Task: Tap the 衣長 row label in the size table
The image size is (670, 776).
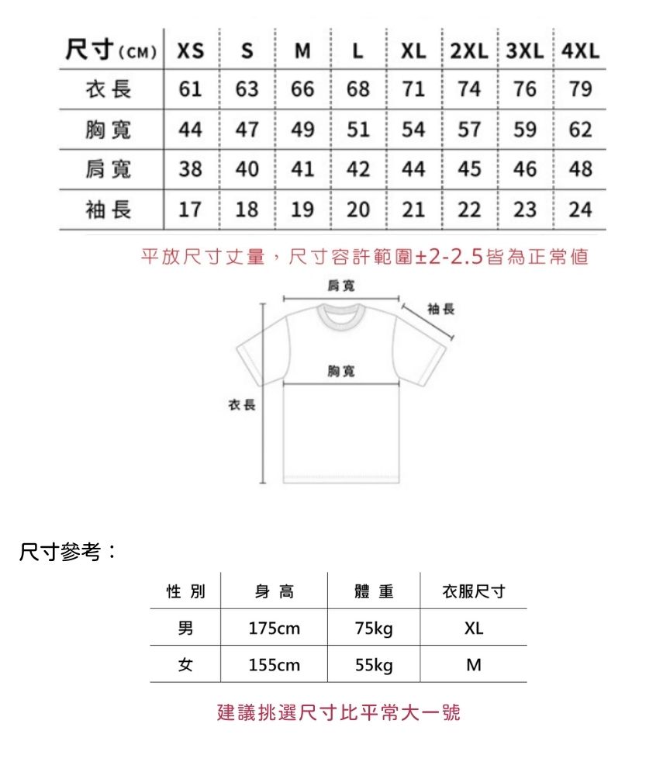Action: pyautogui.click(x=109, y=89)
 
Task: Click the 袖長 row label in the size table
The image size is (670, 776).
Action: pyautogui.click(x=109, y=210)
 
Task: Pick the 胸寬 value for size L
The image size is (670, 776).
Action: pyautogui.click(x=358, y=130)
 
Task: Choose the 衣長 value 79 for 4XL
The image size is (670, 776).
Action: pyautogui.click(x=580, y=89)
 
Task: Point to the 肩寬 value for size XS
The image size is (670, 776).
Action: pyautogui.click(x=191, y=169)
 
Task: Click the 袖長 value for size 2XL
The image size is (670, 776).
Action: pyautogui.click(x=469, y=210)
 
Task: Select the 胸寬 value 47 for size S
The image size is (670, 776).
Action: pyautogui.click(x=247, y=130)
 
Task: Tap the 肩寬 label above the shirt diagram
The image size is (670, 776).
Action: pyautogui.click(x=341, y=287)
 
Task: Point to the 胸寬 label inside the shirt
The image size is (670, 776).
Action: pyautogui.click(x=341, y=372)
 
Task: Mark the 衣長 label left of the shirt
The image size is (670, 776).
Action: pyautogui.click(x=241, y=405)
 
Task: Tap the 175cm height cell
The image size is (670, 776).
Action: pyautogui.click(x=274, y=628)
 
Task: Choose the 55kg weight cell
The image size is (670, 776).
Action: pyautogui.click(x=374, y=665)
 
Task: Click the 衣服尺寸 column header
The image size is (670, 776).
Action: pyautogui.click(x=473, y=591)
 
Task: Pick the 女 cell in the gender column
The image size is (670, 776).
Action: pyautogui.click(x=185, y=665)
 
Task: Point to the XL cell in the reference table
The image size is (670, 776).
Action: pyautogui.click(x=473, y=628)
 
